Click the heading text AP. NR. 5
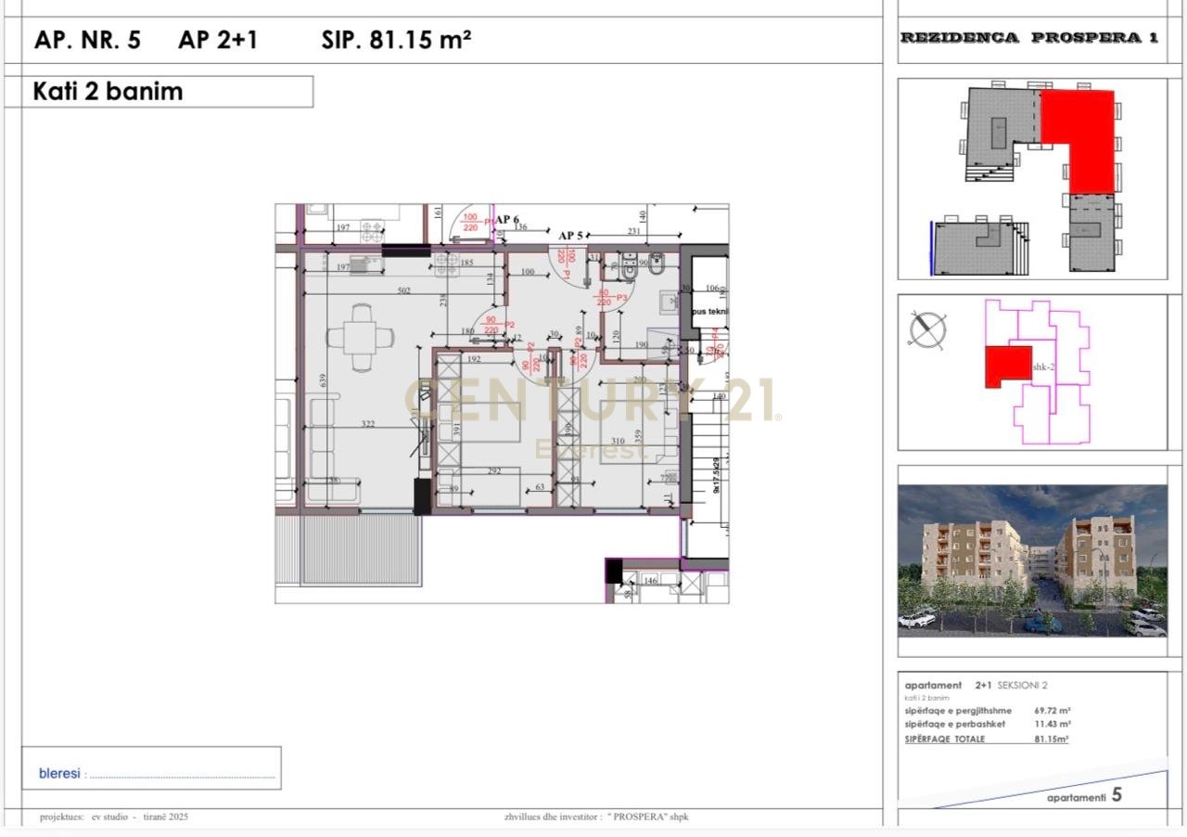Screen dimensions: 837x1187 87,40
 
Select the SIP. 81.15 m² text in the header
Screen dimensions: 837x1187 396,40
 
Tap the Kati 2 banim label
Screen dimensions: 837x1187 108,91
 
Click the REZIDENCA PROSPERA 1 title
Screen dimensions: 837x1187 1029,38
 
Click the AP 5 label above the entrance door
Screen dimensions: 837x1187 570,236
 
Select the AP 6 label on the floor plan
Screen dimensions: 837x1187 507,220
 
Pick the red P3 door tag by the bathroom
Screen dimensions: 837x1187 622,297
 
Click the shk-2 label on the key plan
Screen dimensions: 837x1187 1043,367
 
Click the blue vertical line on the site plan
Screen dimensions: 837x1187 930,247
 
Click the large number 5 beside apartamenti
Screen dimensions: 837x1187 1117,794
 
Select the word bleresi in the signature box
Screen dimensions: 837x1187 59,773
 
